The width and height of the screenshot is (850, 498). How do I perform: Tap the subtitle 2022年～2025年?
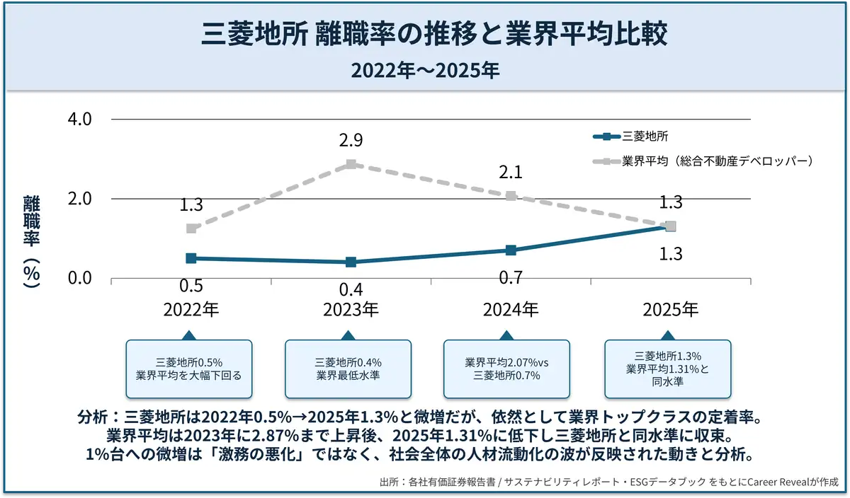[x=424, y=71]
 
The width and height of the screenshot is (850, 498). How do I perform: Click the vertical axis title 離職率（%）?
[x=31, y=241]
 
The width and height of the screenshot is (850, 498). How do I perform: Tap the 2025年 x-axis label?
[x=670, y=310]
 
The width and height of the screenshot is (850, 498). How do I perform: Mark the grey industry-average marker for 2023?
[x=351, y=164]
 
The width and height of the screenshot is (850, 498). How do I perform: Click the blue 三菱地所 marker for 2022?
[x=191, y=258]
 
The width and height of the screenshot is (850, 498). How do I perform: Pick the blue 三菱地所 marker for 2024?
[x=511, y=250]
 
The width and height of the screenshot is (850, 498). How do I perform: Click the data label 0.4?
[x=351, y=289]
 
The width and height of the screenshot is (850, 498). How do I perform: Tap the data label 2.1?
[x=511, y=172]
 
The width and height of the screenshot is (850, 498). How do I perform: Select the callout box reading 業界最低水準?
[x=348, y=369]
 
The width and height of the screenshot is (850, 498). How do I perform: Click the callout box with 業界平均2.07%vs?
[x=506, y=369]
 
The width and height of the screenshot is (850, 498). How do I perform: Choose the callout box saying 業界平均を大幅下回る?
[x=188, y=369]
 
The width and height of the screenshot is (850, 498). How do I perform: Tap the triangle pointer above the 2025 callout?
[x=669, y=335]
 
